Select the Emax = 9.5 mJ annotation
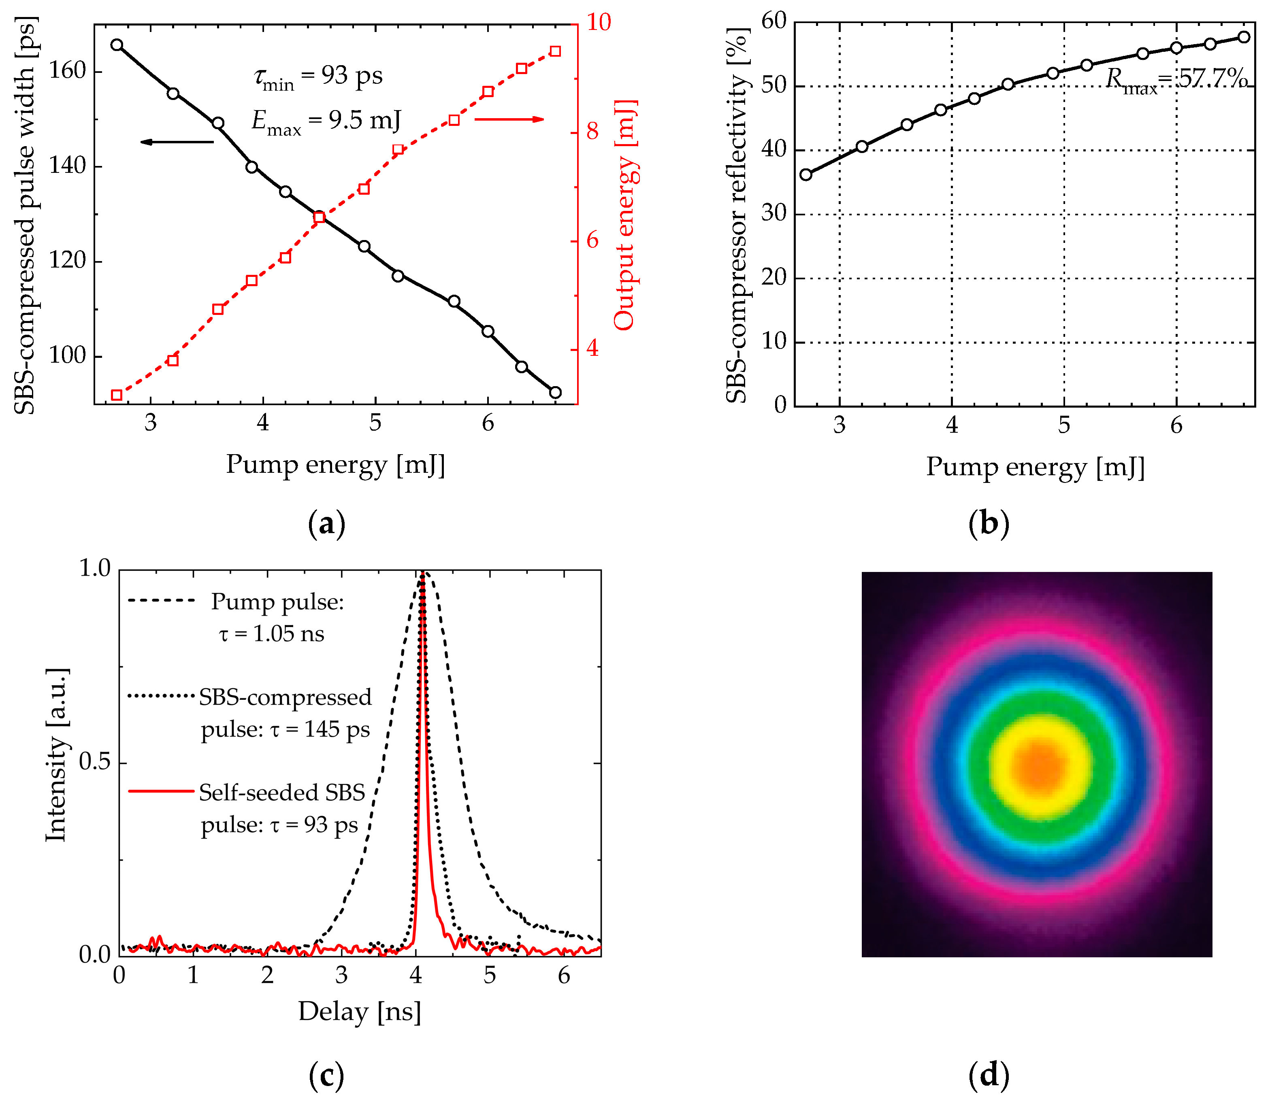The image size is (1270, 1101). point(326,121)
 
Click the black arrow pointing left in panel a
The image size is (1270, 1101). point(177,142)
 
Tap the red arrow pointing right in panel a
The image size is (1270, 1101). point(509,119)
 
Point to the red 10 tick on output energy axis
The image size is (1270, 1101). point(598,22)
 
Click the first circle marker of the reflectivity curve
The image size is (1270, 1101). point(806,174)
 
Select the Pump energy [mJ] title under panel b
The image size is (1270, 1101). point(1035,467)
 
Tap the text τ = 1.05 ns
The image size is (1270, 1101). point(271,633)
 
